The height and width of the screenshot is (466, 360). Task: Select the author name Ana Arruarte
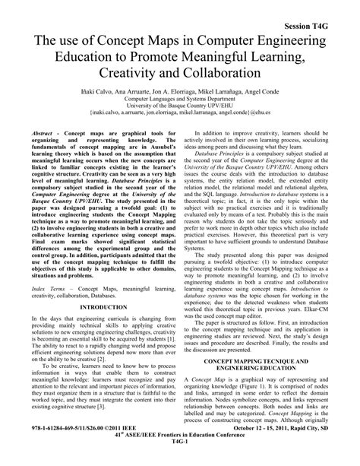(134, 91)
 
